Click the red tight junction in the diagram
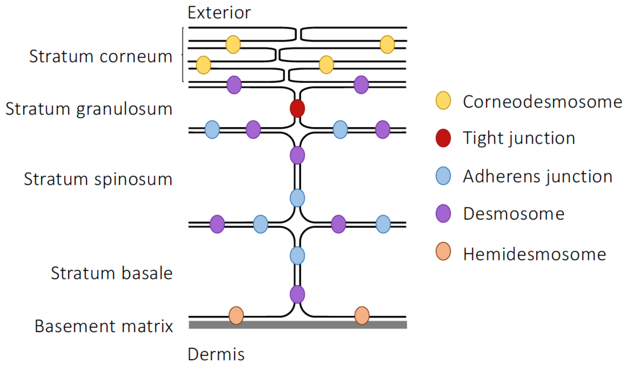point(297,108)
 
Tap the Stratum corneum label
point(101,56)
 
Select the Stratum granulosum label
point(89,109)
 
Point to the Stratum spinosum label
point(98,179)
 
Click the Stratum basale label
point(112,273)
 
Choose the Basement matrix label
point(104,326)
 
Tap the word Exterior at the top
point(219,13)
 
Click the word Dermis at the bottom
point(216,354)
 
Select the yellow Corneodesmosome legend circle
point(443,100)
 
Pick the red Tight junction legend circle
point(443,138)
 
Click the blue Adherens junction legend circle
point(443,176)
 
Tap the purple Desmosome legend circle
point(443,213)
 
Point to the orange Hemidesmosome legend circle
point(443,251)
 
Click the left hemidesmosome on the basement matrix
point(236,316)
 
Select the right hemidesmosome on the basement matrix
point(362,316)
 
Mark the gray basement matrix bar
point(298,325)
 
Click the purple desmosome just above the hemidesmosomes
point(297,294)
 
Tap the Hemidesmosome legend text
point(535,254)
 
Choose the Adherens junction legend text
point(538,177)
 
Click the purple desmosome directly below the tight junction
point(297,155)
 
